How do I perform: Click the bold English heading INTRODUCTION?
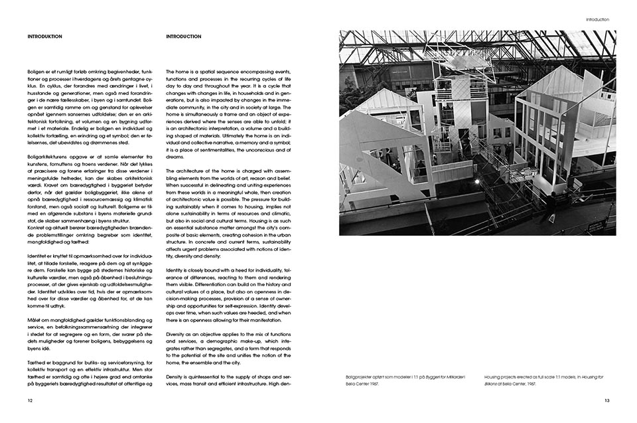183,37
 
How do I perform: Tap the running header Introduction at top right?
597,19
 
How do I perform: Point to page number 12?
30,400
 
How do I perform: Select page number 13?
606,400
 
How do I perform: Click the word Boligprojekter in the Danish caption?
360,377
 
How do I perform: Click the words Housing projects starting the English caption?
503,377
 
